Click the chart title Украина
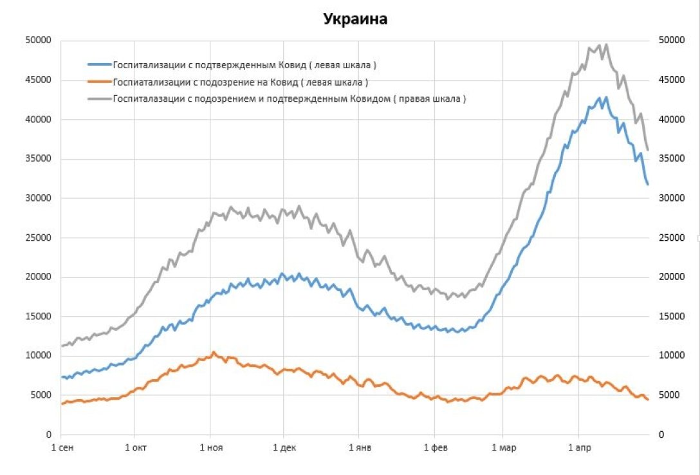(x=355, y=19)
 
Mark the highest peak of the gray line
(x=606, y=44)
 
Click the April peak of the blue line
(x=605, y=97)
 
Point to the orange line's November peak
(x=214, y=352)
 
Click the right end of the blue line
(x=648, y=185)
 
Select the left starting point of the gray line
(x=62, y=346)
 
